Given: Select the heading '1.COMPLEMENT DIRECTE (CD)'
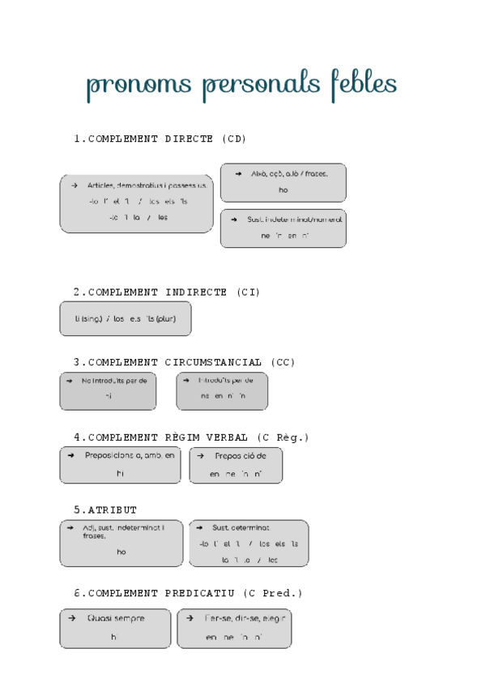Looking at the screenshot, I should pyautogui.click(x=160, y=139).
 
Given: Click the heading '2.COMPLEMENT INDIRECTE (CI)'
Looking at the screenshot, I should pyautogui.click(x=167, y=292).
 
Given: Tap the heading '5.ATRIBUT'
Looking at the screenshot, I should pyautogui.click(x=105, y=510).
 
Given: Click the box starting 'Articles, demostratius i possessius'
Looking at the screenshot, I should pyautogui.click(x=136, y=203).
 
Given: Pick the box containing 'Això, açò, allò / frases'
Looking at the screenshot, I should pyautogui.click(x=283, y=182).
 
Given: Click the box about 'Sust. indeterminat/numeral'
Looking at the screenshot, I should pyautogui.click(x=283, y=228).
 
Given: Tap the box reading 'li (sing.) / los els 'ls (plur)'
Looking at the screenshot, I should pyautogui.click(x=125, y=318).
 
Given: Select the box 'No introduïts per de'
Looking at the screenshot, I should pyautogui.click(x=108, y=390).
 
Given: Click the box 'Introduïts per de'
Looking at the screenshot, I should pyautogui.click(x=221, y=390).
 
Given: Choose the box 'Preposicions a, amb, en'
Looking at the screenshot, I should pyautogui.click(x=120, y=465).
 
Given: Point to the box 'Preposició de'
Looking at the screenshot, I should pyautogui.click(x=236, y=465).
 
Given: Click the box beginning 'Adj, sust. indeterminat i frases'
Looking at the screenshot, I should pyautogui.click(x=121, y=543).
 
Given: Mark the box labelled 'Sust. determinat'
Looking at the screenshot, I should pyautogui.click(x=248, y=543).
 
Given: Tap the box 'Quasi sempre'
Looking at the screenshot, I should pyautogui.click(x=115, y=629).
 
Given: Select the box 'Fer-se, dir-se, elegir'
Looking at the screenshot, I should pyautogui.click(x=234, y=629).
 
